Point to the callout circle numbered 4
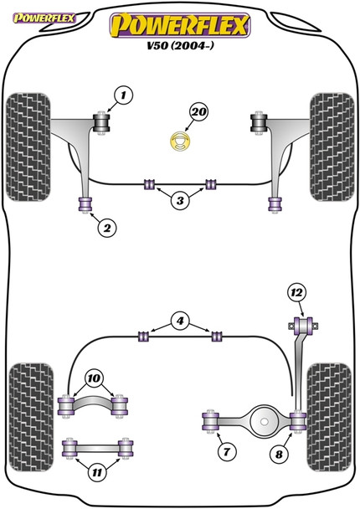(179, 319)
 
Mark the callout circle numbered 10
(94, 378)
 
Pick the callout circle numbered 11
(98, 473)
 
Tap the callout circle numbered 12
(295, 292)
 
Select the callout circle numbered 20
(198, 111)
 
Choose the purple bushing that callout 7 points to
(209, 419)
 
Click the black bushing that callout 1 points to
(104, 123)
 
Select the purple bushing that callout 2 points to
(84, 203)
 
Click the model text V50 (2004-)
(180, 49)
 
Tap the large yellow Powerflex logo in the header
(180, 25)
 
